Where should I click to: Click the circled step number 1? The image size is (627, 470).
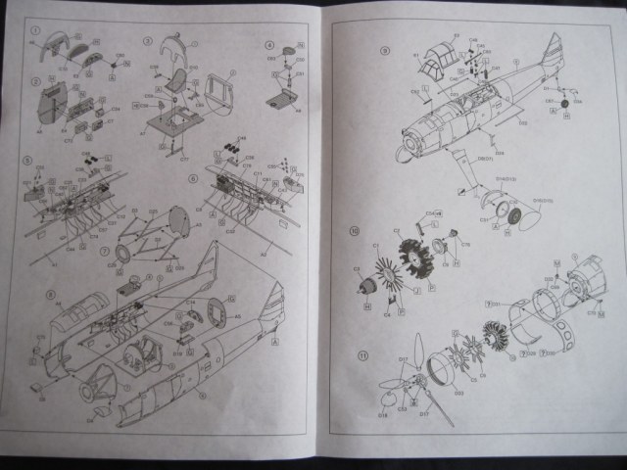(35, 33)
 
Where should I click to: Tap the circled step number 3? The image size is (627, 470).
(147, 41)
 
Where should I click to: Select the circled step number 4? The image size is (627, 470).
(269, 45)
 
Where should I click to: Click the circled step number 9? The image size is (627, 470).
(385, 50)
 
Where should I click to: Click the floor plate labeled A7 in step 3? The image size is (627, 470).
(176, 122)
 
